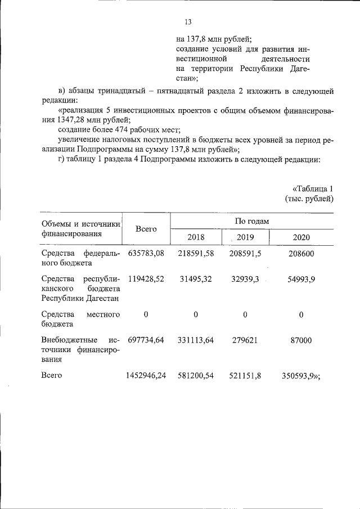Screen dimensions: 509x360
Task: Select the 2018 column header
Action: click(x=195, y=237)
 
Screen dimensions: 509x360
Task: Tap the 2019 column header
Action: click(x=245, y=237)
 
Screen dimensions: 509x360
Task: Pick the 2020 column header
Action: click(x=301, y=237)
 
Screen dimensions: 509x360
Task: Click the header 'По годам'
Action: click(x=251, y=221)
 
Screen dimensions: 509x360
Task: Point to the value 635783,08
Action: click(x=146, y=254)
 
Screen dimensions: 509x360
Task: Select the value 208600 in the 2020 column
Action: click(x=301, y=254)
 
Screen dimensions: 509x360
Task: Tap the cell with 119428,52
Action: click(x=146, y=279)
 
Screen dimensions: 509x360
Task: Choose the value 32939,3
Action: click(x=245, y=279)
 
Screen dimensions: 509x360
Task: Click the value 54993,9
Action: click(x=301, y=279)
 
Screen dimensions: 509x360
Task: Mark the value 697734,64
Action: click(x=146, y=340)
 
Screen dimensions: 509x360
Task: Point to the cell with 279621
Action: click(x=245, y=340)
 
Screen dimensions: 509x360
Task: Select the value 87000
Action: click(x=301, y=340)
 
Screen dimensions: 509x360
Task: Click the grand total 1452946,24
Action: click(x=146, y=375)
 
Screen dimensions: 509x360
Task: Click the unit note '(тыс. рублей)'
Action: click(x=309, y=199)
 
